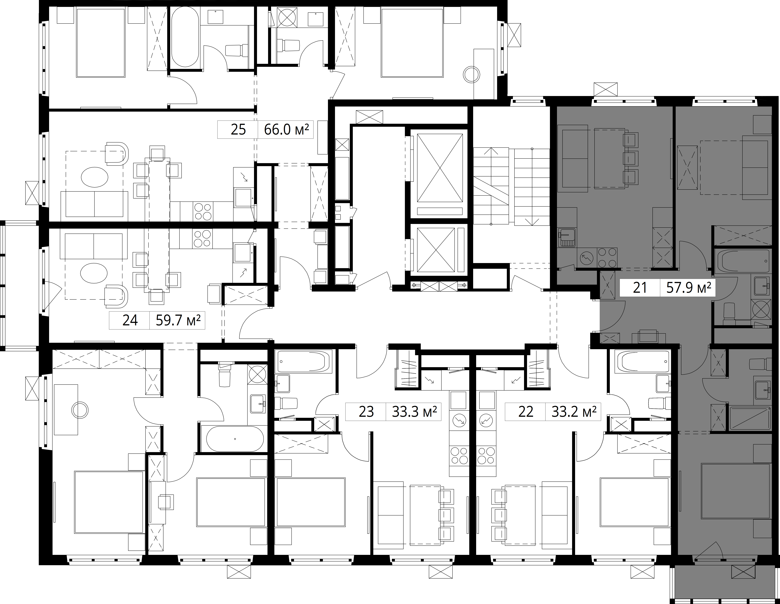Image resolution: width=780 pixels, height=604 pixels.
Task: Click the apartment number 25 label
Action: pyautogui.click(x=238, y=129)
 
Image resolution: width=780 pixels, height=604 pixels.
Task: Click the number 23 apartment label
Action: pyautogui.click(x=366, y=412)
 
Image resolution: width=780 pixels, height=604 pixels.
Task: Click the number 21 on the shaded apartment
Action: pyautogui.click(x=640, y=288)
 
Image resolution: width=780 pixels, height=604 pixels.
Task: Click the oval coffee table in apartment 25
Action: pyautogui.click(x=94, y=177)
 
